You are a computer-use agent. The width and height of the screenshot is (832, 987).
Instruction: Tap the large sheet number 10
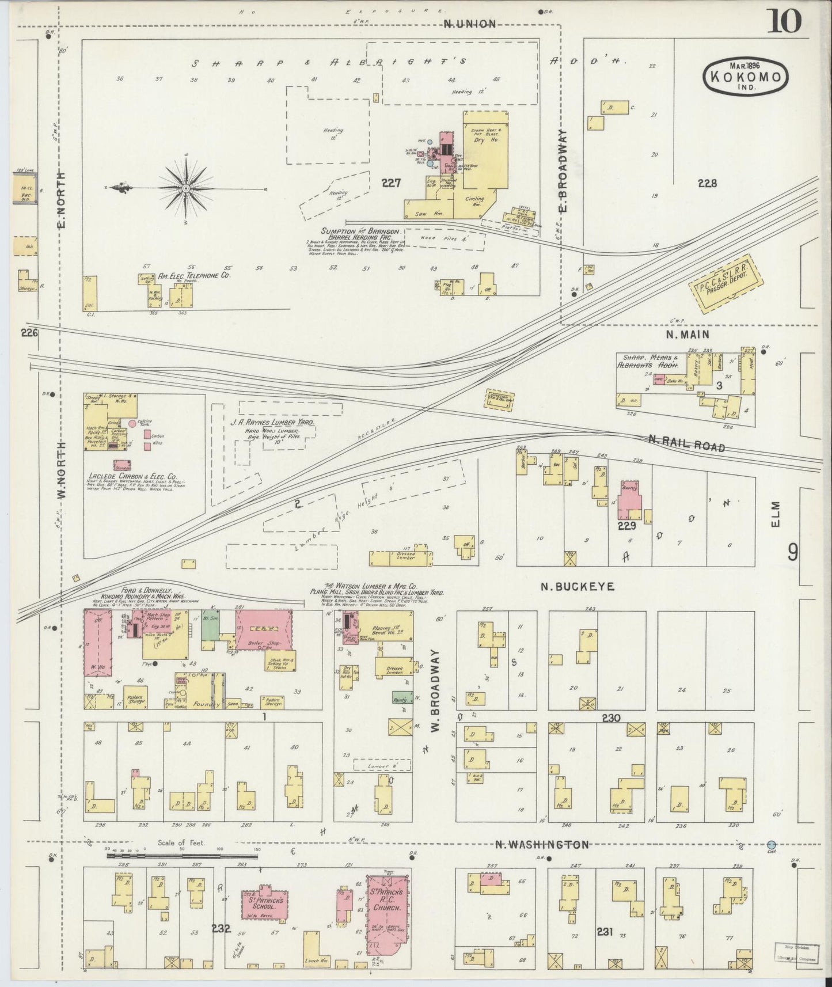coord(784,22)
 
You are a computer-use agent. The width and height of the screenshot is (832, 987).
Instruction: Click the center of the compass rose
coord(187,189)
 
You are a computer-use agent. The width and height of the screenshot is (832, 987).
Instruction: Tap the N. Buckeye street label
coord(578,587)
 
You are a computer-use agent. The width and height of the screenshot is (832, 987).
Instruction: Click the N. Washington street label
coord(542,845)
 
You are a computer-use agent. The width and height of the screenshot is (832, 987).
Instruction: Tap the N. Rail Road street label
coord(686,443)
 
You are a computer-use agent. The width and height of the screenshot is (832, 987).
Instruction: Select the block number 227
coord(391,183)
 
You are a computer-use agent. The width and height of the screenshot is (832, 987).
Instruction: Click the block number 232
coord(221,929)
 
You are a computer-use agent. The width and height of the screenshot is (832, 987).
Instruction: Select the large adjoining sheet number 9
coord(793,553)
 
